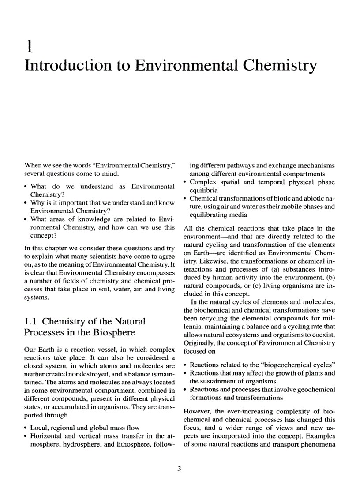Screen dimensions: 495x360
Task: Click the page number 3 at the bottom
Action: click(x=179, y=469)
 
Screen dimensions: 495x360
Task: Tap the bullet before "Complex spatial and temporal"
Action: click(x=185, y=182)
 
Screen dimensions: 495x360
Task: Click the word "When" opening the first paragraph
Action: click(x=33, y=165)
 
